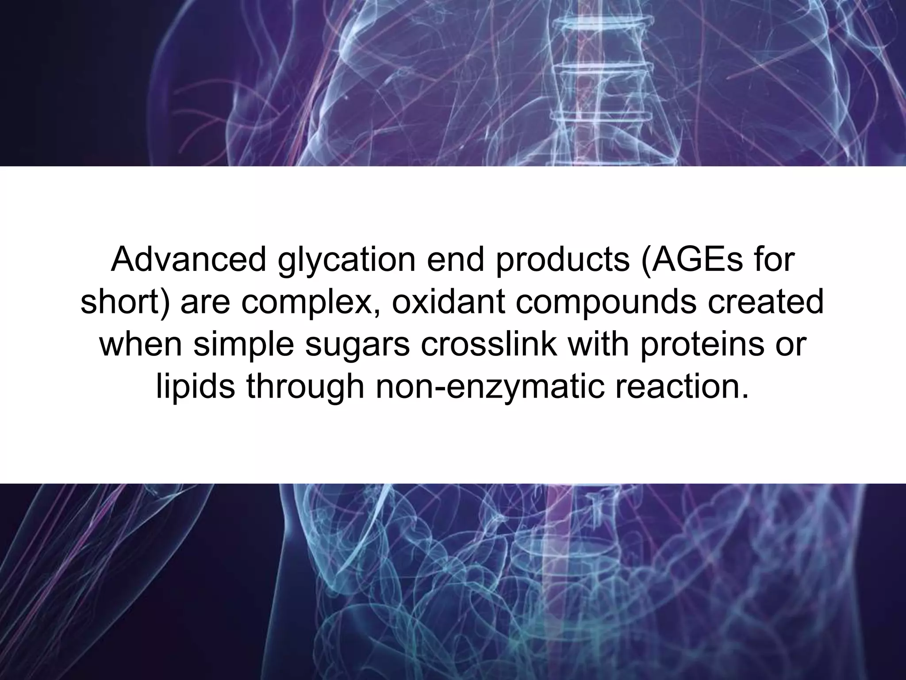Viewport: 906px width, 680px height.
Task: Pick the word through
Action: coord(305,388)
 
